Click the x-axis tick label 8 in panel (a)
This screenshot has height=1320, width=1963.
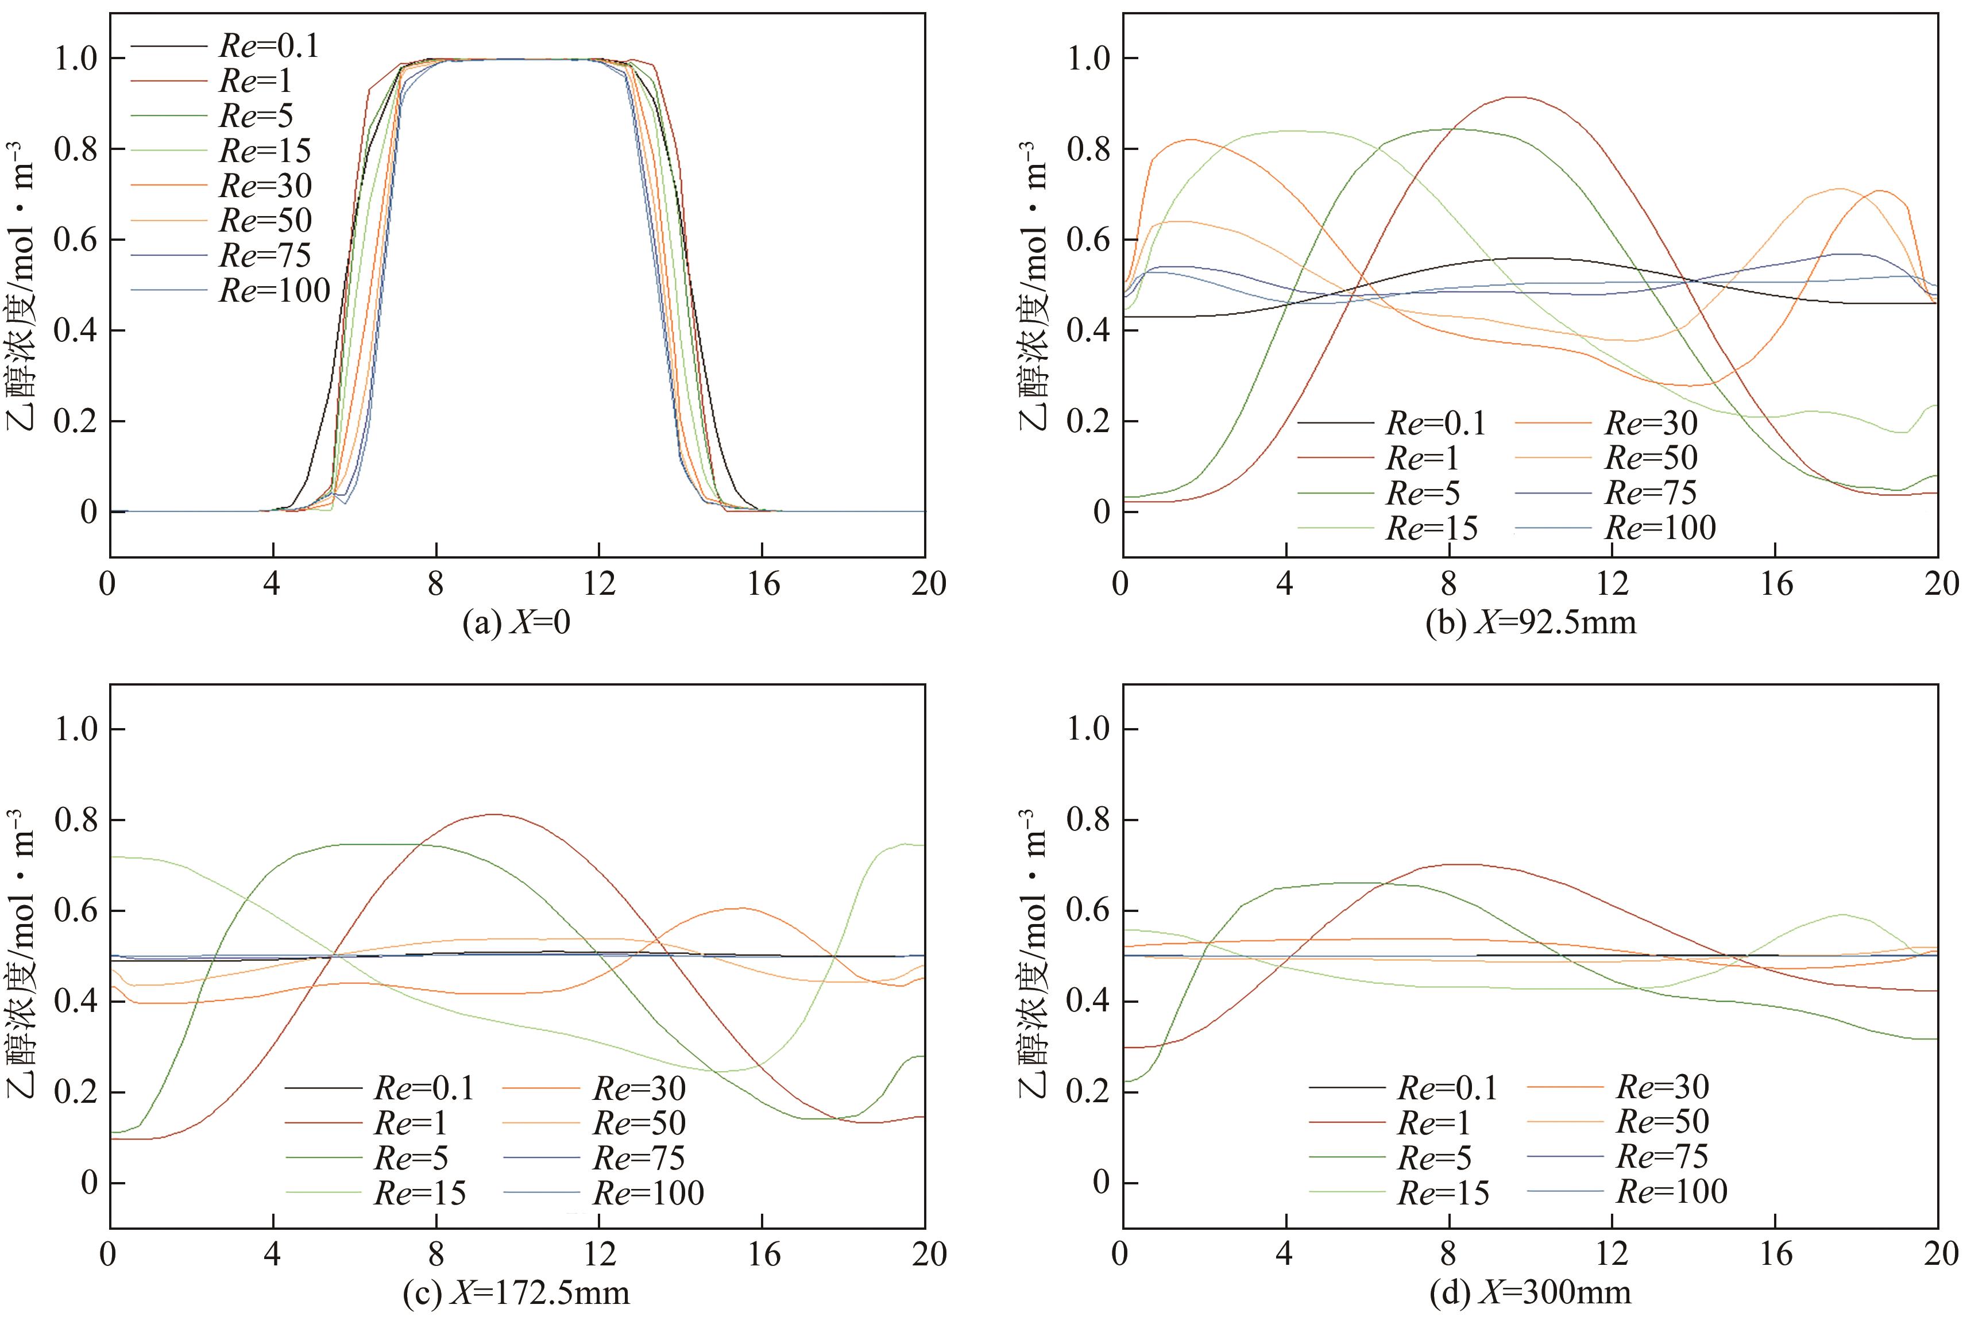(x=435, y=583)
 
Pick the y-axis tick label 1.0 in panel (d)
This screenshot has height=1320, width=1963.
(x=1091, y=729)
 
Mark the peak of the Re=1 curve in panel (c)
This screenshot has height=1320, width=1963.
(x=494, y=814)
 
